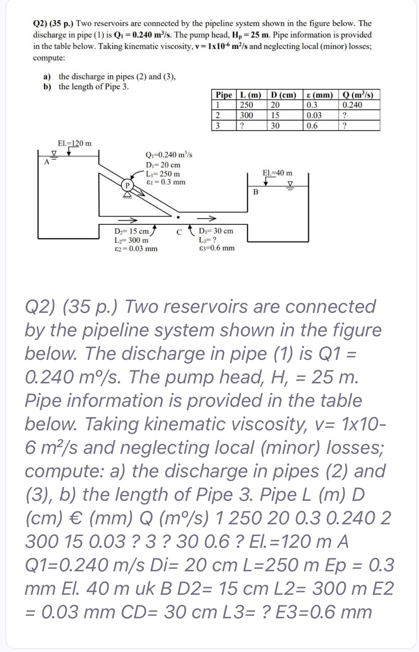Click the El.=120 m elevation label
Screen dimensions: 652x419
click(74, 143)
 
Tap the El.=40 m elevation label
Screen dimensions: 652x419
click(278, 173)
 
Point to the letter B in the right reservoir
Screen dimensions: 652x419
click(256, 192)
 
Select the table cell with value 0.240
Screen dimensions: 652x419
click(352, 105)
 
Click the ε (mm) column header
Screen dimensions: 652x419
click(319, 95)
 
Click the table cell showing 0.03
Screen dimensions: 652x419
click(314, 116)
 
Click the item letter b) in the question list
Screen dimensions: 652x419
click(47, 87)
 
